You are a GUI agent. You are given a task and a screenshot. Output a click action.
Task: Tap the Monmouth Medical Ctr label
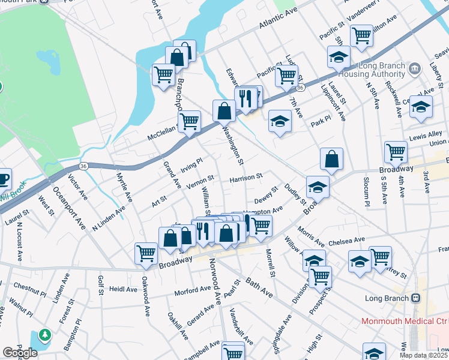pos(405,321)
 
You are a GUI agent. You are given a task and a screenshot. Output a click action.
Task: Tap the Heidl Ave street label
pos(123,289)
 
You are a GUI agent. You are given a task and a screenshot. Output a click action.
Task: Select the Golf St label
pos(101,280)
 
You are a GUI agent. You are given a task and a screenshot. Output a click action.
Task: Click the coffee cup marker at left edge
pos(3,178)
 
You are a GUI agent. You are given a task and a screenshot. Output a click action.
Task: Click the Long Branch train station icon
pos(415,298)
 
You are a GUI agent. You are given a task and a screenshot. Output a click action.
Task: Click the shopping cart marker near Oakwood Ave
pos(146,253)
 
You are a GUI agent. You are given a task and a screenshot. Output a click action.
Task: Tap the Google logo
pos(20,353)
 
